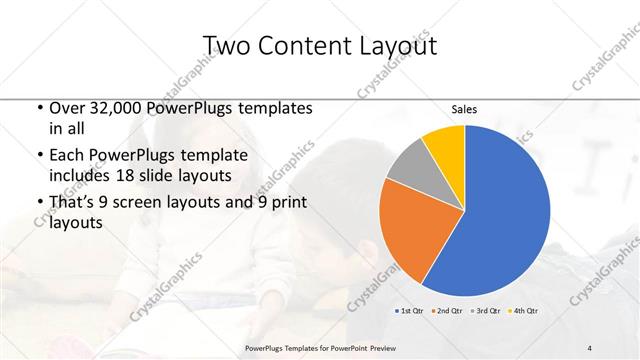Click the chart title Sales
(464, 109)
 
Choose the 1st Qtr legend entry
(411, 311)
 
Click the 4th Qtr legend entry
(523, 311)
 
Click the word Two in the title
(227, 46)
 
